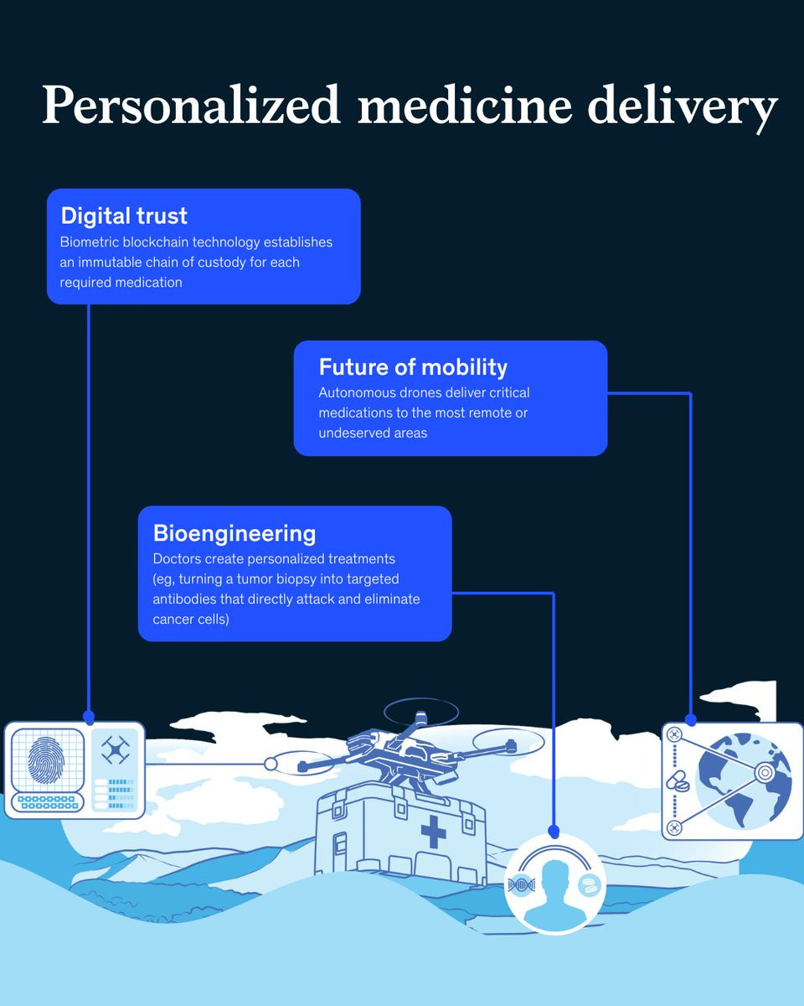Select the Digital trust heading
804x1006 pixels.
(124, 216)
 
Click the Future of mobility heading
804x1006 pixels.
(413, 367)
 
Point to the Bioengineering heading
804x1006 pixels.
(234, 533)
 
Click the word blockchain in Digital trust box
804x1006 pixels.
(156, 242)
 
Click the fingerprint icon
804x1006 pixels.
(46, 760)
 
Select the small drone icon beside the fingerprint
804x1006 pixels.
(116, 749)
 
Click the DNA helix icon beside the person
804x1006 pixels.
(522, 885)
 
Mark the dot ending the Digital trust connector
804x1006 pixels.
(89, 717)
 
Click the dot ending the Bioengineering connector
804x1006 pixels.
(554, 832)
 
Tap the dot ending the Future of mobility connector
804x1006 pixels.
(690, 720)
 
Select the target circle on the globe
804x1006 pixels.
(765, 772)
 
